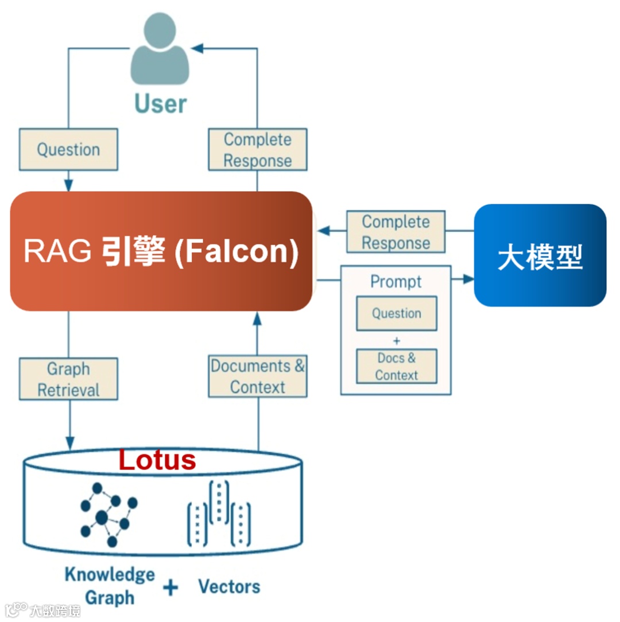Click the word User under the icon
(161, 104)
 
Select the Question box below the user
(69, 150)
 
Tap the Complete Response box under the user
(258, 150)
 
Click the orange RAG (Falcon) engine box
(161, 251)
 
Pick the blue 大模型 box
(540, 255)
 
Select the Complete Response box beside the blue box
(396, 232)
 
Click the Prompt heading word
(396, 281)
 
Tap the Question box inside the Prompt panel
(397, 313)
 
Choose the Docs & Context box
(397, 366)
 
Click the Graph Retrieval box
(69, 379)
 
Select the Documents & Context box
(258, 376)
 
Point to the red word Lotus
(157, 460)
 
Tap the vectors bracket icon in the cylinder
(219, 514)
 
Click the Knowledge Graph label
(110, 586)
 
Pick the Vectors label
(230, 586)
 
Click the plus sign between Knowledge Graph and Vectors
(170, 588)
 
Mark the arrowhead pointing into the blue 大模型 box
(469, 279)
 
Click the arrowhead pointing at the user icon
(197, 48)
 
